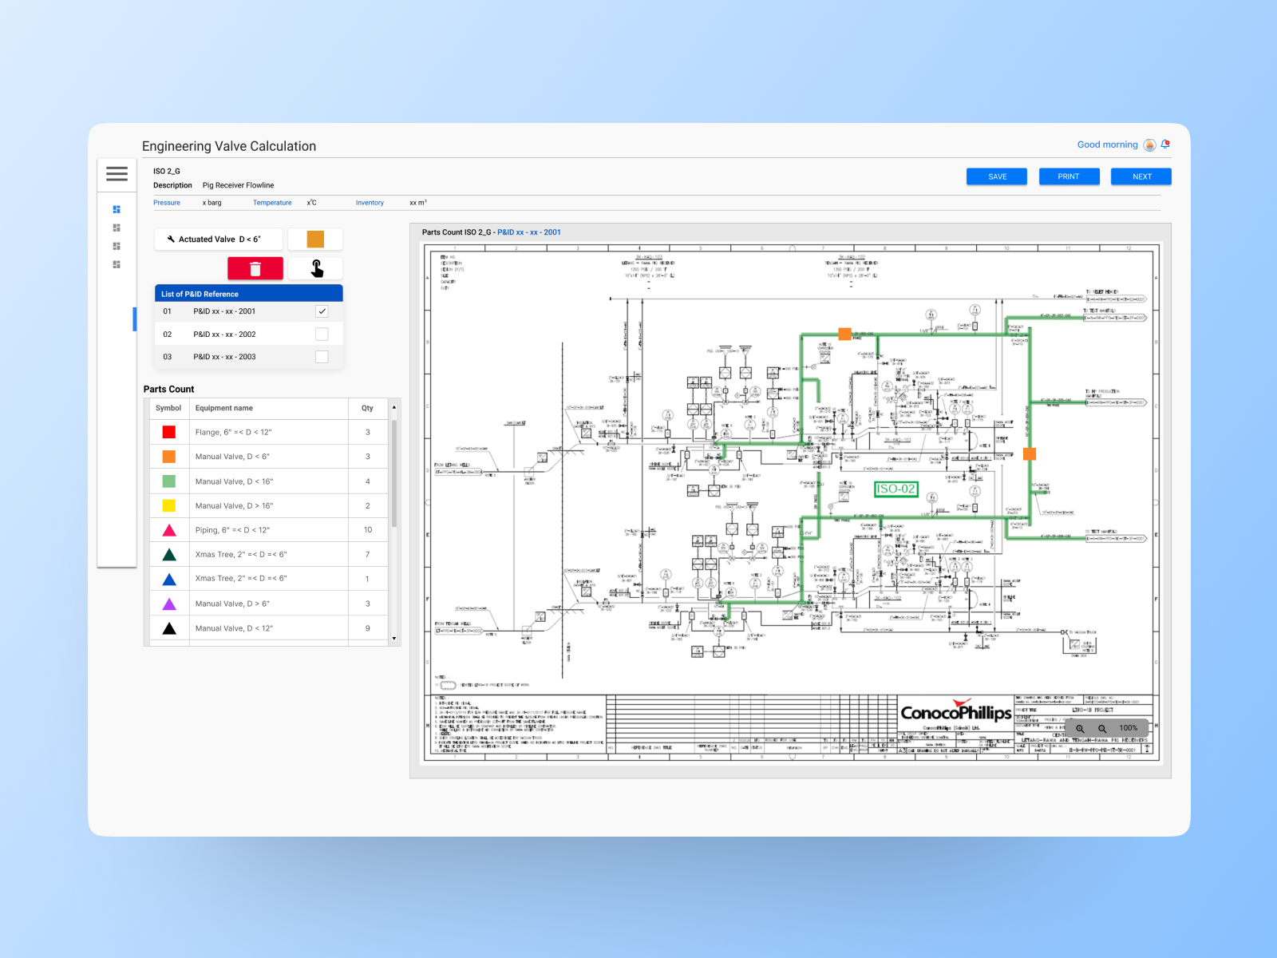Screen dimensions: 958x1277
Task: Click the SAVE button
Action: tap(997, 176)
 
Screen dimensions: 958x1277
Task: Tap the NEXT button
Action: tap(1141, 176)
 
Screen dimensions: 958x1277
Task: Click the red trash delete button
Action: tap(255, 269)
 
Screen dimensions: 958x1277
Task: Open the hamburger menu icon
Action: tap(117, 174)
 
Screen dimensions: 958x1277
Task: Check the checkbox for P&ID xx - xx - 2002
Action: tap(322, 335)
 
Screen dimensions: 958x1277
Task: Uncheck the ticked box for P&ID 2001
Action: tap(322, 311)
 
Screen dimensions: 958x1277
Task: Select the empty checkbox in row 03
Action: tap(322, 357)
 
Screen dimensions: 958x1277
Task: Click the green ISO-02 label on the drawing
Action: tap(895, 489)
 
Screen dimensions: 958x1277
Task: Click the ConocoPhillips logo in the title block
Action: tap(956, 711)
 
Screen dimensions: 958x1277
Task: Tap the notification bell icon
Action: tap(1165, 144)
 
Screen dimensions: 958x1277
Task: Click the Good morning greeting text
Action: tap(1107, 144)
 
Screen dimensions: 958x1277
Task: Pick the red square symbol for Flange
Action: tap(169, 432)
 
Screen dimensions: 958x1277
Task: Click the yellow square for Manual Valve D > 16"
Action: tap(169, 505)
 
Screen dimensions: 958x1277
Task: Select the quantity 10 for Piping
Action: tap(368, 530)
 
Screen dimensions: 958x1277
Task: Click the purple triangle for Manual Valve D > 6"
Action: tap(169, 604)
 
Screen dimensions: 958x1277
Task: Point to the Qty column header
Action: tap(367, 408)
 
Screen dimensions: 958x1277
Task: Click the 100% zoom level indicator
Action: tap(1128, 728)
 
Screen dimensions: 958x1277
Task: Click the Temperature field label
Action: tap(272, 203)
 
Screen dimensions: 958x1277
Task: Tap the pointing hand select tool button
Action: tap(316, 269)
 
